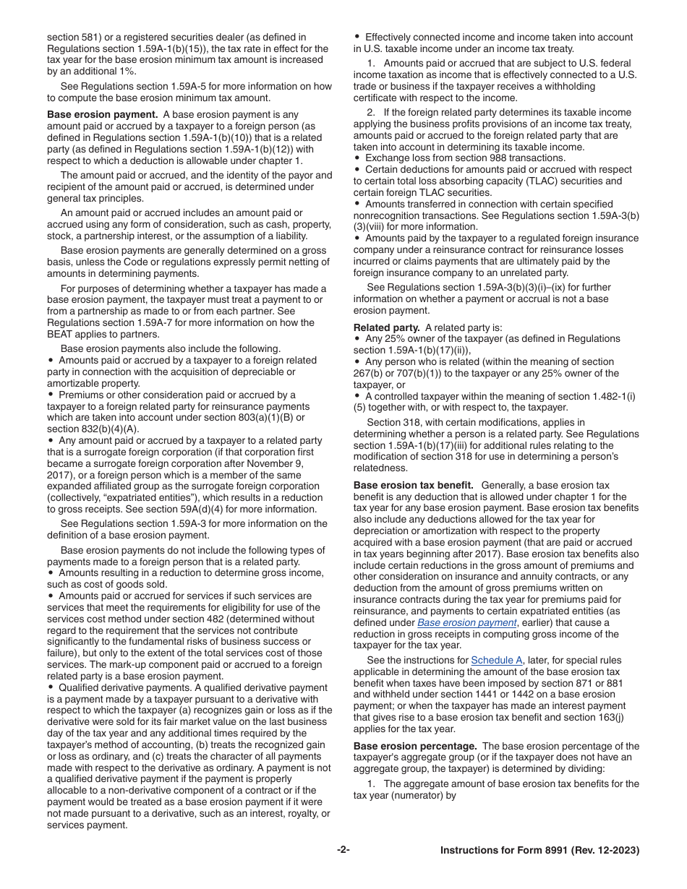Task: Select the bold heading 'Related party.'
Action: point(386,327)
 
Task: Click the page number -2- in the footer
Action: point(343,850)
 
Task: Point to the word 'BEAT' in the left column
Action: point(62,334)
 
